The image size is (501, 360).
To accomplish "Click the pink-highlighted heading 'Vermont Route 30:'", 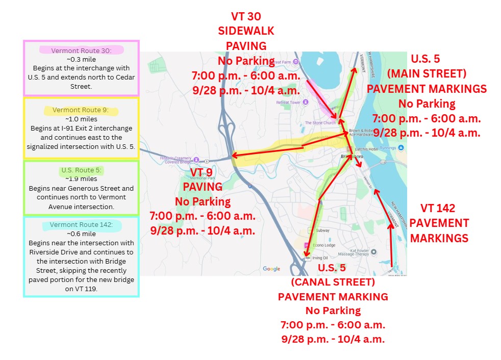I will (82, 50).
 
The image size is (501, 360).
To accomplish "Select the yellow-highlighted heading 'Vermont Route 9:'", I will (82, 110).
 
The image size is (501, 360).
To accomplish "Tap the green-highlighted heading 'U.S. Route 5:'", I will (82, 170).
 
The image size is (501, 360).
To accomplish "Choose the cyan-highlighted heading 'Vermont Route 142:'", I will (82, 225).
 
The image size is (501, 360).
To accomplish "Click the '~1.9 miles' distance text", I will (82, 179).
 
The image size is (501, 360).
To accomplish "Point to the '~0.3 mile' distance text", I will (82, 59).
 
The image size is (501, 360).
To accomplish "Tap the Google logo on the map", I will (271, 269).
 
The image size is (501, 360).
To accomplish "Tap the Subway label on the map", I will (322, 230).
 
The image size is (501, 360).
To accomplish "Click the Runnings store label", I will (388, 148).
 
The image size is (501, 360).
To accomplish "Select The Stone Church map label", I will (320, 123).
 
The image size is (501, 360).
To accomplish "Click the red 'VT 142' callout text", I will (438, 209).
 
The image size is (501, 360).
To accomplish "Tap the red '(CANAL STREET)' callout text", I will (333, 282).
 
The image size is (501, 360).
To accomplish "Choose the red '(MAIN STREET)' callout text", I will (427, 73).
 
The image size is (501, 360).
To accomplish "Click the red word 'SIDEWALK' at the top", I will (246, 31).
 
